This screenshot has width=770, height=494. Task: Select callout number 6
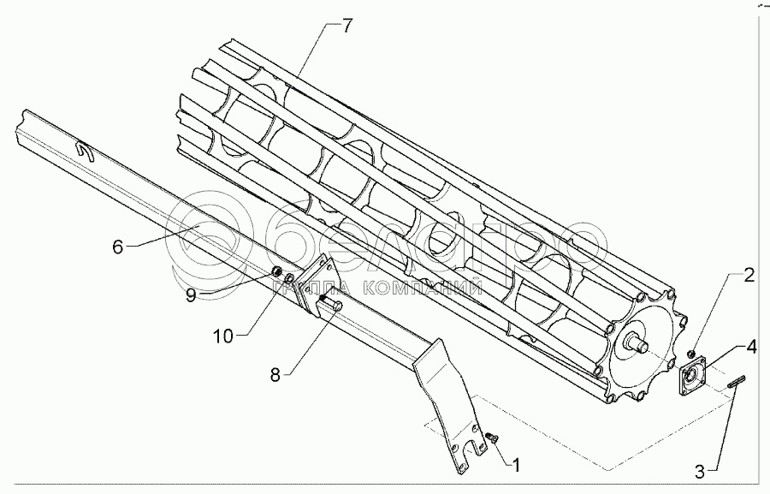118,247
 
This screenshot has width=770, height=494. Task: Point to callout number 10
223,336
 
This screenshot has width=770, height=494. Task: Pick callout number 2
748,275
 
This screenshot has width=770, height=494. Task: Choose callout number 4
750,347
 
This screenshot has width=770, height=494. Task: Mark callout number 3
699,469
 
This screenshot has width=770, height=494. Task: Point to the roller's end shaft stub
640,344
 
